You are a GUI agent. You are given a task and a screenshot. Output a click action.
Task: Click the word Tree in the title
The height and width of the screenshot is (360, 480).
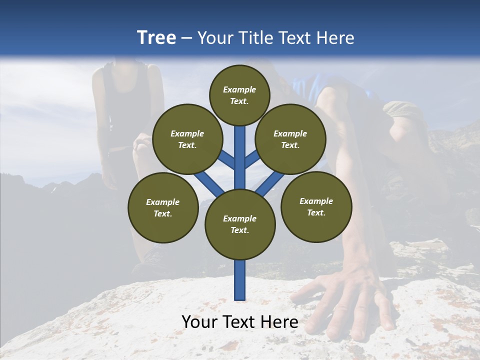[156, 38]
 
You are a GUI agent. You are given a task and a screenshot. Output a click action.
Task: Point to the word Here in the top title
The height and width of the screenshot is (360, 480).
[335, 38]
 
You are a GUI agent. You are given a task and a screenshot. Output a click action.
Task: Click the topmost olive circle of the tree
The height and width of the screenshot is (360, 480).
[239, 95]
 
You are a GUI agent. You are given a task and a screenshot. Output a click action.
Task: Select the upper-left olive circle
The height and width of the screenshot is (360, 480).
[187, 139]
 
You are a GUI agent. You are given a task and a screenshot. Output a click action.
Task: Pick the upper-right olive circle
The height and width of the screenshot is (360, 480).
[290, 139]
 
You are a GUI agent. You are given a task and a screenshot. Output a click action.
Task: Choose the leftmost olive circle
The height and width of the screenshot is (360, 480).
[163, 207]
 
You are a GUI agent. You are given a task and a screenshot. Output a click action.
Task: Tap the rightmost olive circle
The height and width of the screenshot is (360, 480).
[316, 206]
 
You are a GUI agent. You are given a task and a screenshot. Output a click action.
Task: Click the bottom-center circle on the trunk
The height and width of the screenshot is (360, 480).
[240, 224]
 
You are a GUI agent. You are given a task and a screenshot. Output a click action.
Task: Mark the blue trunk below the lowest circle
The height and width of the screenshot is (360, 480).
[240, 280]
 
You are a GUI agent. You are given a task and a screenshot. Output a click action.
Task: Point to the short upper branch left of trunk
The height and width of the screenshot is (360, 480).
[227, 160]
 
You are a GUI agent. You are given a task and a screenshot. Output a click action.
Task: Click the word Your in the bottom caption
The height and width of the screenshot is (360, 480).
[199, 322]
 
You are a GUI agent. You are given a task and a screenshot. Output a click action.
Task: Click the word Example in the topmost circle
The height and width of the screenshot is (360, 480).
[239, 89]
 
